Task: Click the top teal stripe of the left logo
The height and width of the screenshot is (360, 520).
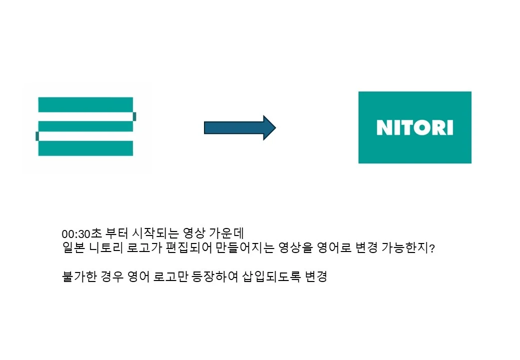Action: pos(85,104)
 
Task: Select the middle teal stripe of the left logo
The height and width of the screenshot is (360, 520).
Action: pos(85,126)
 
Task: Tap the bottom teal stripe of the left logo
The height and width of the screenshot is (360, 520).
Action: pos(85,148)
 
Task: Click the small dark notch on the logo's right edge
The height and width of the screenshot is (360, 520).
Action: pos(134,116)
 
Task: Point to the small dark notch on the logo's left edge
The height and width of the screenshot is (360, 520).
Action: pos(37,136)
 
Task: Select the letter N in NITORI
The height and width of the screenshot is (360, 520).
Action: pos(384,127)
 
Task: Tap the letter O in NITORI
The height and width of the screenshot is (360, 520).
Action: pos(420,127)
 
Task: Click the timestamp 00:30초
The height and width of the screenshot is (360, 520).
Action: pos(82,233)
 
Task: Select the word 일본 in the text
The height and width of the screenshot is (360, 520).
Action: pos(73,247)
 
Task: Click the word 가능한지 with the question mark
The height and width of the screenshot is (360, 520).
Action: pos(408,247)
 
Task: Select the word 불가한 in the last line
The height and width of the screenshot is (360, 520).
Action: pos(79,276)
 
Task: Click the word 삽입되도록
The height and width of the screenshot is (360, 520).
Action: pos(271,276)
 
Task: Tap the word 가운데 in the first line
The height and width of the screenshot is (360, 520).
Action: pos(226,233)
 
